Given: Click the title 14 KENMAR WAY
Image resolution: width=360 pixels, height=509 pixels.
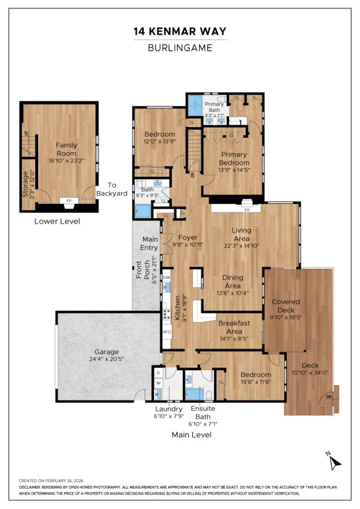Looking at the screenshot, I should click(180, 32).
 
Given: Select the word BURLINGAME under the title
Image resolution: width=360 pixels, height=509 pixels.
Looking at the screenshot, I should click(180, 48).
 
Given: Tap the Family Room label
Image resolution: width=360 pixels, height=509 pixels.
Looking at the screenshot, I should click(66, 149).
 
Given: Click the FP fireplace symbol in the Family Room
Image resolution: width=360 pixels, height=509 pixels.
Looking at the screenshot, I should click(69, 201).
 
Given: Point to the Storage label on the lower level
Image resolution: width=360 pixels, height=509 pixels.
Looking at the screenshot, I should click(26, 183).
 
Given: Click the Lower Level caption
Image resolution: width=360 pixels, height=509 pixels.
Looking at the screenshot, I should click(57, 221).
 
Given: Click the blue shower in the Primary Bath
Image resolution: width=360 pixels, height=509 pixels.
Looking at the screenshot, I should click(194, 106).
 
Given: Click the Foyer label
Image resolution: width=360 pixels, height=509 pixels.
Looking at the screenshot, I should click(188, 238).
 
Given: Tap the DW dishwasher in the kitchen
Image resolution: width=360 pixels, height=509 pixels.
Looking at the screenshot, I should click(166, 278).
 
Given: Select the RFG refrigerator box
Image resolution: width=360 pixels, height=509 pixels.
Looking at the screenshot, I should click(167, 332).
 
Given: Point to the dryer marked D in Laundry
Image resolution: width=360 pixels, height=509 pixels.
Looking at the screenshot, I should click(159, 373).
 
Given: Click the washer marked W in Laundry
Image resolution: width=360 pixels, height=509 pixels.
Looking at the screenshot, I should click(159, 383).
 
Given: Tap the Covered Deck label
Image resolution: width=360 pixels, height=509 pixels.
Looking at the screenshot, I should click(286, 306).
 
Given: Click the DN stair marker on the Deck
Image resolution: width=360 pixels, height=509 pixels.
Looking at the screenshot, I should click(327, 402).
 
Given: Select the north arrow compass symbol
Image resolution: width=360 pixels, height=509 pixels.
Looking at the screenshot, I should click(334, 461).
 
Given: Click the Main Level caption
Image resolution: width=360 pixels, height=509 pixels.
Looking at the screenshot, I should click(191, 435).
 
